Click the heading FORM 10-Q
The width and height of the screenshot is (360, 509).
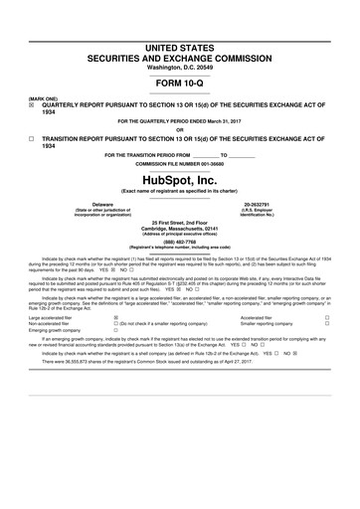point(179,84)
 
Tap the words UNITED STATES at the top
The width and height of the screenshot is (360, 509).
point(179,48)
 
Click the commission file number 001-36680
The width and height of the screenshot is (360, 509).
point(211,163)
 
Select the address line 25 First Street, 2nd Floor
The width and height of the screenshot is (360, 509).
point(179,221)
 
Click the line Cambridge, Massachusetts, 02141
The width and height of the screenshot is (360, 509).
point(179,227)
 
